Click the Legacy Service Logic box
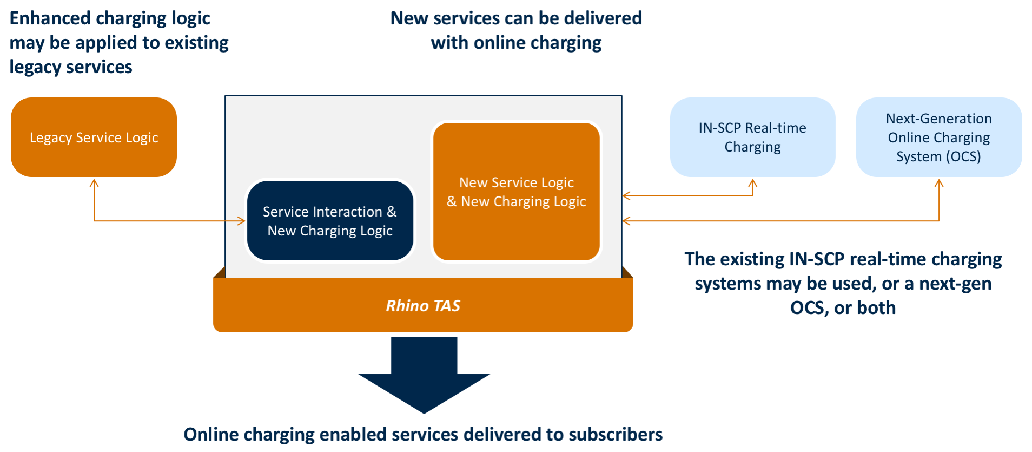click(x=94, y=137)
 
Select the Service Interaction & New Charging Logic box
click(x=330, y=221)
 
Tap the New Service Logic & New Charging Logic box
click(x=516, y=192)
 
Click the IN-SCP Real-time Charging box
click(x=752, y=137)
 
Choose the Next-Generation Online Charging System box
click(x=938, y=137)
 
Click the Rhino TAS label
click(x=423, y=306)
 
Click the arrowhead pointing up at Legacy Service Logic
click(x=94, y=183)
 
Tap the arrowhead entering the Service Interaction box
click(x=242, y=221)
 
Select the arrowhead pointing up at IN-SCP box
click(x=752, y=183)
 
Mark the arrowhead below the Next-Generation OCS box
click(x=939, y=183)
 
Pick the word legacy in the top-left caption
click(x=31, y=67)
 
